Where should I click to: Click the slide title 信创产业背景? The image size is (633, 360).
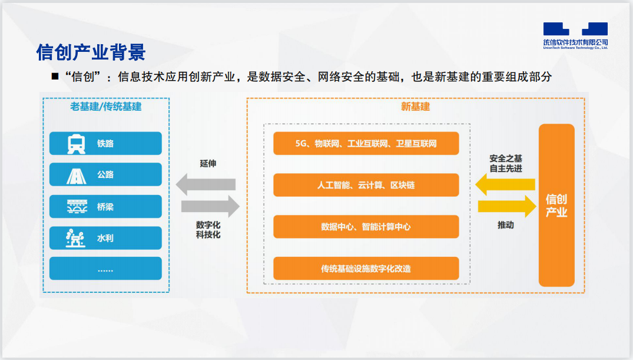91,52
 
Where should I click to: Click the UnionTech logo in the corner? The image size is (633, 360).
575,35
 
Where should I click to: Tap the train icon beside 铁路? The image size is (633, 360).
76,144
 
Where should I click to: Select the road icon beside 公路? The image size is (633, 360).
76,175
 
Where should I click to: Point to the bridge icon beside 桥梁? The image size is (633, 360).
76,207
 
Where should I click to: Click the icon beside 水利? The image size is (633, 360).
76,238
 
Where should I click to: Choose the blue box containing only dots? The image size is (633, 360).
105,269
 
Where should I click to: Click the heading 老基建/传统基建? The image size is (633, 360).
106,107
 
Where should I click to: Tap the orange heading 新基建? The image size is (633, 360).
415,107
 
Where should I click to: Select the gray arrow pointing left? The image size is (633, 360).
206,184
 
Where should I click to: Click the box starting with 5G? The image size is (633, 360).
366,143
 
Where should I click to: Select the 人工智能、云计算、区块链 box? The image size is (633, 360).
366,185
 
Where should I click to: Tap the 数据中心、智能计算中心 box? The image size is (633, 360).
366,227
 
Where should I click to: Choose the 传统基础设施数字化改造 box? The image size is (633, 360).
366,269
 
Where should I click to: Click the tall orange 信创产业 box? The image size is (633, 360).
556,205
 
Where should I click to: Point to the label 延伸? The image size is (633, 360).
208,163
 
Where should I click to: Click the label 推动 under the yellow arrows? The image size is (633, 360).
505,225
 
